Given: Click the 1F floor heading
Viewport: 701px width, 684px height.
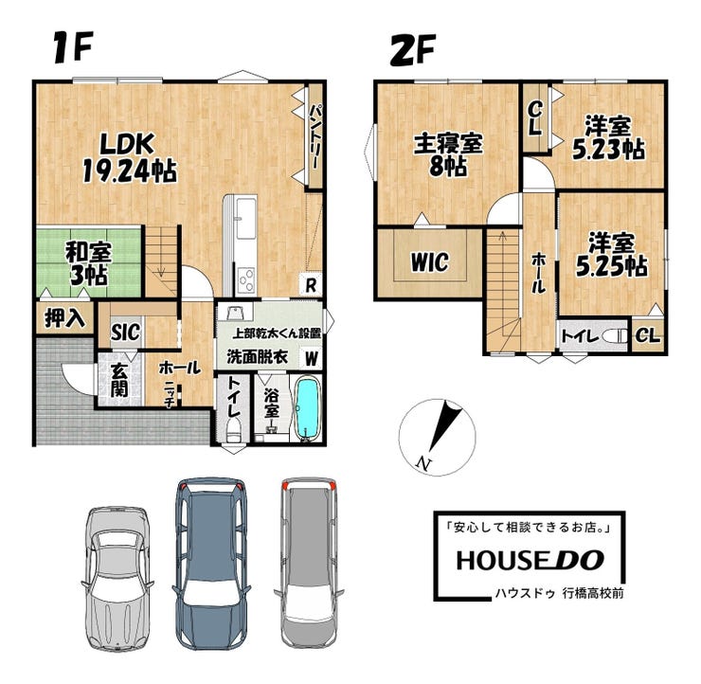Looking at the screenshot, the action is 73,47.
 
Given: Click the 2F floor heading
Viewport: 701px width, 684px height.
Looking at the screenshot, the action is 413,50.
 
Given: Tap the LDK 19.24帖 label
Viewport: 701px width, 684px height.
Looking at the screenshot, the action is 130,158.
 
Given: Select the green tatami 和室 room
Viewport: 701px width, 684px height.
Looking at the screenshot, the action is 88,262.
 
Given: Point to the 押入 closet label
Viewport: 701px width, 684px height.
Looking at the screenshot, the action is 64,318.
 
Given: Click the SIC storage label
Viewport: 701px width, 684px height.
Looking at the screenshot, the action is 125,333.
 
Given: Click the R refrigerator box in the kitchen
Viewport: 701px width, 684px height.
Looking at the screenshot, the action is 311,285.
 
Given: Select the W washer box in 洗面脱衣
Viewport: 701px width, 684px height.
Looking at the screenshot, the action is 311,358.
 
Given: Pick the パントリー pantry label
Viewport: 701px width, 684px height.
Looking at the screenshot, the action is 316,136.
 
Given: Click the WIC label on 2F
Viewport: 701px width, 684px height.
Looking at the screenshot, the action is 430,262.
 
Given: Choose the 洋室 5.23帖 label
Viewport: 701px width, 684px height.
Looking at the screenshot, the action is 608,137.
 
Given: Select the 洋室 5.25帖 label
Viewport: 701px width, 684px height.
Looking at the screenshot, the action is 611,255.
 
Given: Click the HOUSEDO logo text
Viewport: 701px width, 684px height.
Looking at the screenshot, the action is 530,560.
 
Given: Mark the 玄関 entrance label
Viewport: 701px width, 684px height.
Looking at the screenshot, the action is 119,381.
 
